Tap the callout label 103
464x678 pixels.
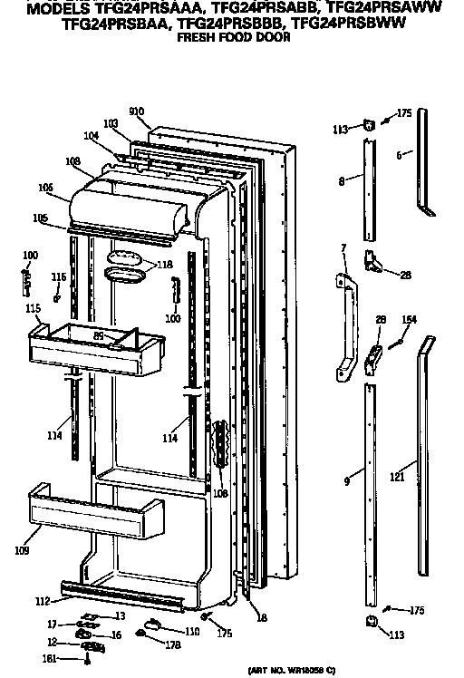coord(111,122)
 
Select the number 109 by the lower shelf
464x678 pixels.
coord(22,550)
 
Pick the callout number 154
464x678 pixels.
coord(409,319)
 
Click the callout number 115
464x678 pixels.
coord(34,309)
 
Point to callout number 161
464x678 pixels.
coord(51,657)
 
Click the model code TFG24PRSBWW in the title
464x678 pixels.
coord(353,26)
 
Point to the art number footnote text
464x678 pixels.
coord(291,669)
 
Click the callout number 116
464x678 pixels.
coord(59,276)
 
